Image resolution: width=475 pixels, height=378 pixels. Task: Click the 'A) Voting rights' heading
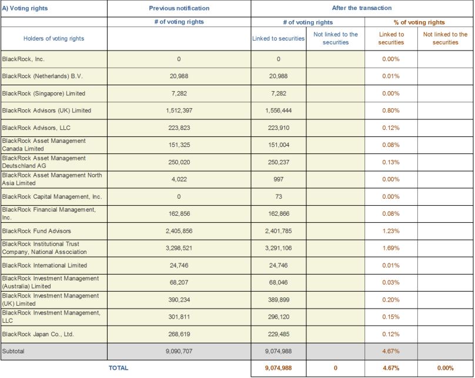coord(25,8)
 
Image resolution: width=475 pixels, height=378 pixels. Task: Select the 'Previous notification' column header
coord(179,8)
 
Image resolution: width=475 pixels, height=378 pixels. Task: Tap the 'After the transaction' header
coord(362,8)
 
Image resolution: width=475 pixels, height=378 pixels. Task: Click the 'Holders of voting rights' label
coord(54,38)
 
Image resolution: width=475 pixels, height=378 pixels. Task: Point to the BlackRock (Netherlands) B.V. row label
coord(42,76)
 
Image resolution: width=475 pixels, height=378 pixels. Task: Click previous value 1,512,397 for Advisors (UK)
coord(179,111)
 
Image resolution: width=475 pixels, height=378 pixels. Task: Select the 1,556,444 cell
coord(279,111)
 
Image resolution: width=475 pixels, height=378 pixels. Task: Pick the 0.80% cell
coord(391,111)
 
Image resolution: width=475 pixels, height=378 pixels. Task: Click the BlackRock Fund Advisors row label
coord(36,231)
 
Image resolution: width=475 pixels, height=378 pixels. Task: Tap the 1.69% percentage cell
coord(391,248)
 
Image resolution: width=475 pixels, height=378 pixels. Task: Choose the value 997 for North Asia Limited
coord(279,179)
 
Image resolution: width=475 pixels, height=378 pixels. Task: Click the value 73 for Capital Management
coord(279,196)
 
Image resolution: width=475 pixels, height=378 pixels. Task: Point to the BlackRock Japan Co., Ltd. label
coord(38,334)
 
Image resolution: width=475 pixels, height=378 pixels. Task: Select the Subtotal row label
coord(13,351)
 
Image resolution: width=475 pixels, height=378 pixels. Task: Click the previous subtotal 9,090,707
coord(179,352)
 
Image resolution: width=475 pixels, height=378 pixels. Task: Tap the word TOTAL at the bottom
coord(118,368)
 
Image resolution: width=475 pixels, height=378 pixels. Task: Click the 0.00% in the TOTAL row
coord(446,369)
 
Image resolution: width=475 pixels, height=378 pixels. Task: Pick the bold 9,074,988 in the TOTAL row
coord(279,369)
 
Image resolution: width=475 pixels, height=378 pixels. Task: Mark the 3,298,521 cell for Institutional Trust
coord(179,248)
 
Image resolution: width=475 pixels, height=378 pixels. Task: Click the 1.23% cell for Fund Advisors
coord(391,231)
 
